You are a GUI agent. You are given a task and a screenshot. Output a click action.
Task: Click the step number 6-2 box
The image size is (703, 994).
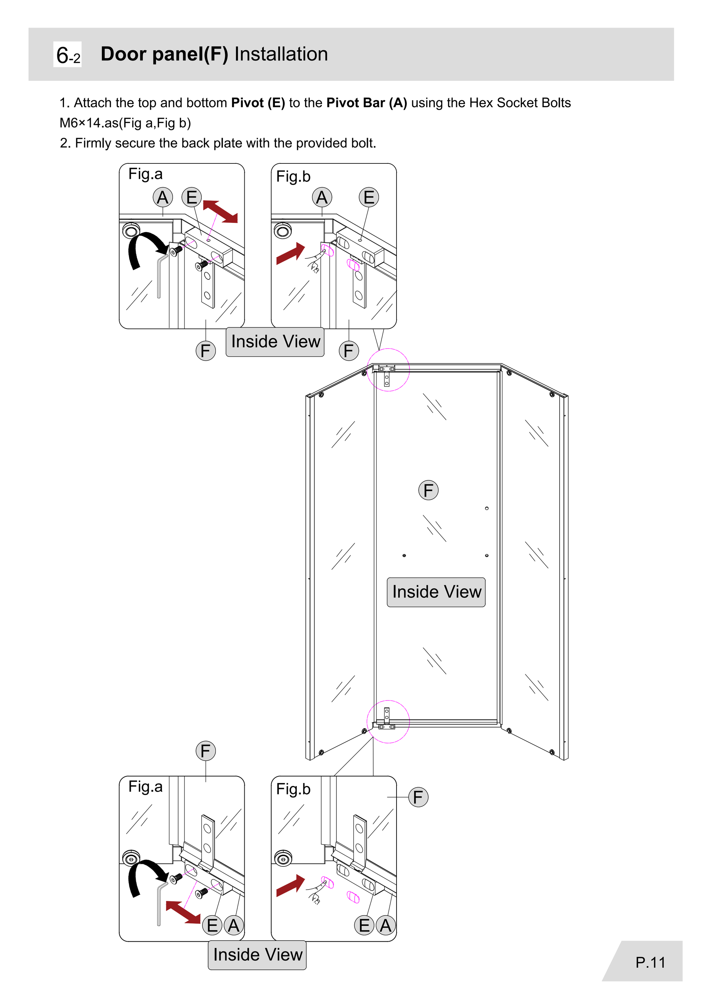(67, 54)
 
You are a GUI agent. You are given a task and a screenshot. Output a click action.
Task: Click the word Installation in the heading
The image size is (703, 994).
(281, 54)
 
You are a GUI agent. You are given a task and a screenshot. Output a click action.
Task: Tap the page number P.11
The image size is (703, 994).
(650, 962)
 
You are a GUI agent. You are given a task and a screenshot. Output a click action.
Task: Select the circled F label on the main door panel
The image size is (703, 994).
(428, 491)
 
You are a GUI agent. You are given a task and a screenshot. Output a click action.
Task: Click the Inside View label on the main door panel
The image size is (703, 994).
(436, 592)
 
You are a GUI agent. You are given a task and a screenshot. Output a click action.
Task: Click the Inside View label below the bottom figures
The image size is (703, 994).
(258, 955)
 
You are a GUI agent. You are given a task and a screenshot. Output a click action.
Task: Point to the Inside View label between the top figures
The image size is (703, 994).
(275, 342)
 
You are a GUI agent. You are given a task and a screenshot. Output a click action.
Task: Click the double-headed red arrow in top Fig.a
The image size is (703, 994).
(220, 211)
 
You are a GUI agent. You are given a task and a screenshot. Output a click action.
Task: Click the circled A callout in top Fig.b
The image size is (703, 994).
(322, 198)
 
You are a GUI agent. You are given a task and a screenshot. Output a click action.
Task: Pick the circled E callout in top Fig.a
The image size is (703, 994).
(191, 198)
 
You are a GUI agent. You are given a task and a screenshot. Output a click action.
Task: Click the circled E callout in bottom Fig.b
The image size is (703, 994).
(364, 925)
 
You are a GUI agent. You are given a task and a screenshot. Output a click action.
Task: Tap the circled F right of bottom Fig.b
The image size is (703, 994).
(418, 797)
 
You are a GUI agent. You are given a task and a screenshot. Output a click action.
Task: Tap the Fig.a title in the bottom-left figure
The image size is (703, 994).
(146, 786)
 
